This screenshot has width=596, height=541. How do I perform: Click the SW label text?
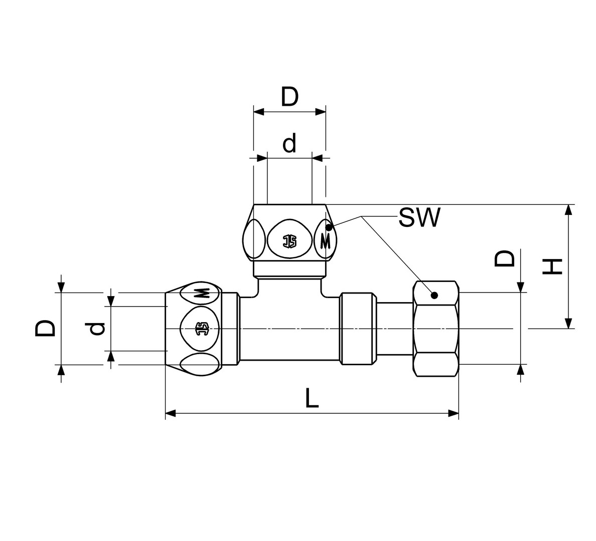pyautogui.click(x=419, y=217)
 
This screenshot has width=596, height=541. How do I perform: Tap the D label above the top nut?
pyautogui.click(x=290, y=97)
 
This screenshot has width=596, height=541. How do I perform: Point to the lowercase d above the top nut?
pyautogui.click(x=289, y=143)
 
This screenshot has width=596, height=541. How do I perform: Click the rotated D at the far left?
pyautogui.click(x=45, y=328)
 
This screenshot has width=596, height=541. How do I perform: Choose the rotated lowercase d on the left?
pyautogui.click(x=97, y=329)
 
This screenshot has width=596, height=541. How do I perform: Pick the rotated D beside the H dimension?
pyautogui.click(x=504, y=258)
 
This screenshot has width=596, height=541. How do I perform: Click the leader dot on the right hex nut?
pyautogui.click(x=435, y=295)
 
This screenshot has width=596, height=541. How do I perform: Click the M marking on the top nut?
pyautogui.click(x=326, y=241)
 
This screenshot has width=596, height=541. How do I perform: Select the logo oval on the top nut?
pyautogui.click(x=290, y=241)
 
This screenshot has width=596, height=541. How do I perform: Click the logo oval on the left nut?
pyautogui.click(x=201, y=329)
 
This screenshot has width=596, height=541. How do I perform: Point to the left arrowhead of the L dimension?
pyautogui.click(x=170, y=413)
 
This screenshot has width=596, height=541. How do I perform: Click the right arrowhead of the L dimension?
pyautogui.click(x=454, y=413)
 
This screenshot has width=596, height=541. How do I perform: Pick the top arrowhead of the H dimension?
pyautogui.click(x=568, y=210)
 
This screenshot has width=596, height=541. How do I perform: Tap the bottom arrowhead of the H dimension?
pyautogui.click(x=568, y=324)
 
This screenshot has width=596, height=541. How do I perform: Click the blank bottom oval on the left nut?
pyautogui.click(x=200, y=364)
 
